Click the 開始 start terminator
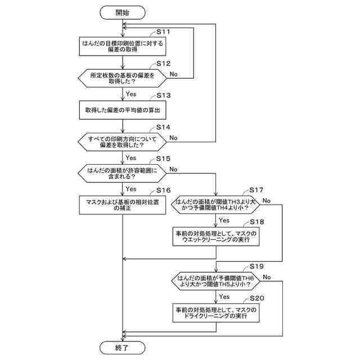tap(123, 12)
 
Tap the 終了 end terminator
tap(123, 348)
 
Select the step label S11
tap(163, 31)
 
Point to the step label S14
tap(163, 127)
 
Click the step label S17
tap(256, 190)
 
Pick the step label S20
tap(257, 298)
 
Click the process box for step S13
tap(123, 110)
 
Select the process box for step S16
tap(123, 205)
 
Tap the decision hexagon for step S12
tap(123, 78)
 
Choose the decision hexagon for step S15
tap(123, 173)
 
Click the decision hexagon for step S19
tap(215, 281)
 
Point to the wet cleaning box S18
tap(216, 236)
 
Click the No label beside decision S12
tap(174, 74)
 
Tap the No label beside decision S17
tap(267, 201)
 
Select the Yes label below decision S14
tap(131, 157)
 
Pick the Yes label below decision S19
tap(224, 296)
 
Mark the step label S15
tap(163, 159)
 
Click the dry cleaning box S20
tap(216, 313)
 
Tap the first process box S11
tap(123, 46)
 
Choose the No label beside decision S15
tap(173, 169)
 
